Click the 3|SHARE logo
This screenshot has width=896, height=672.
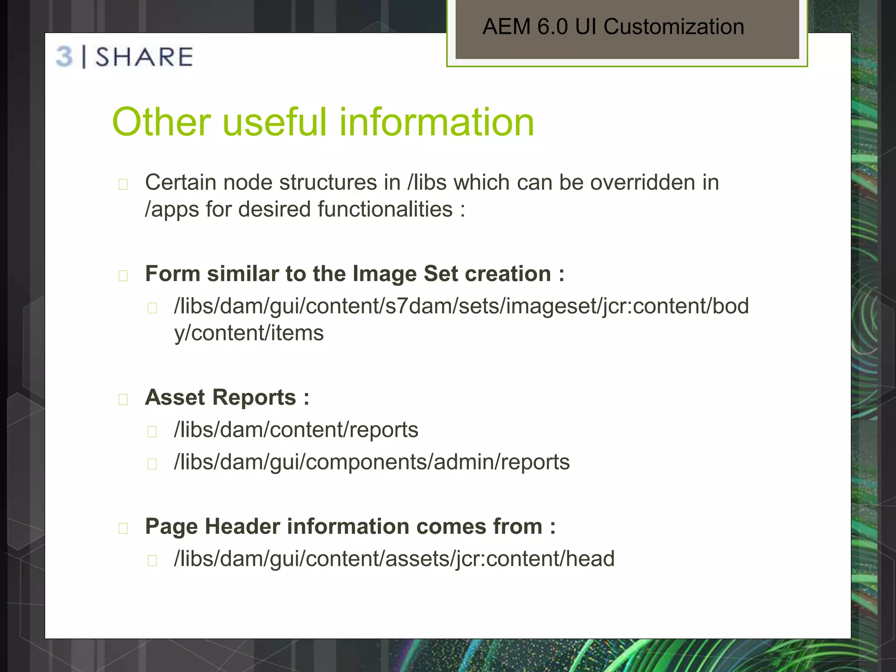point(125,57)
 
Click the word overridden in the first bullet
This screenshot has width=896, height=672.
point(643,182)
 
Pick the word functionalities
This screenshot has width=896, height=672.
point(385,209)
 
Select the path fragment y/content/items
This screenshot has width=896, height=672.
point(249,333)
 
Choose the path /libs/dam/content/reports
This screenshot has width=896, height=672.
point(296,430)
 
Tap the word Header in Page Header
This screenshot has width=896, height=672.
point(242,526)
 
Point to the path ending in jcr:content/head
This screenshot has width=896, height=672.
point(394,559)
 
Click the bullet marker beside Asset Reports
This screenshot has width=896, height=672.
point(123,399)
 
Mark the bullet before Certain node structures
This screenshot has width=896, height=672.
point(123,184)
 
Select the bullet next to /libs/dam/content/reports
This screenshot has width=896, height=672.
point(152,432)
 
